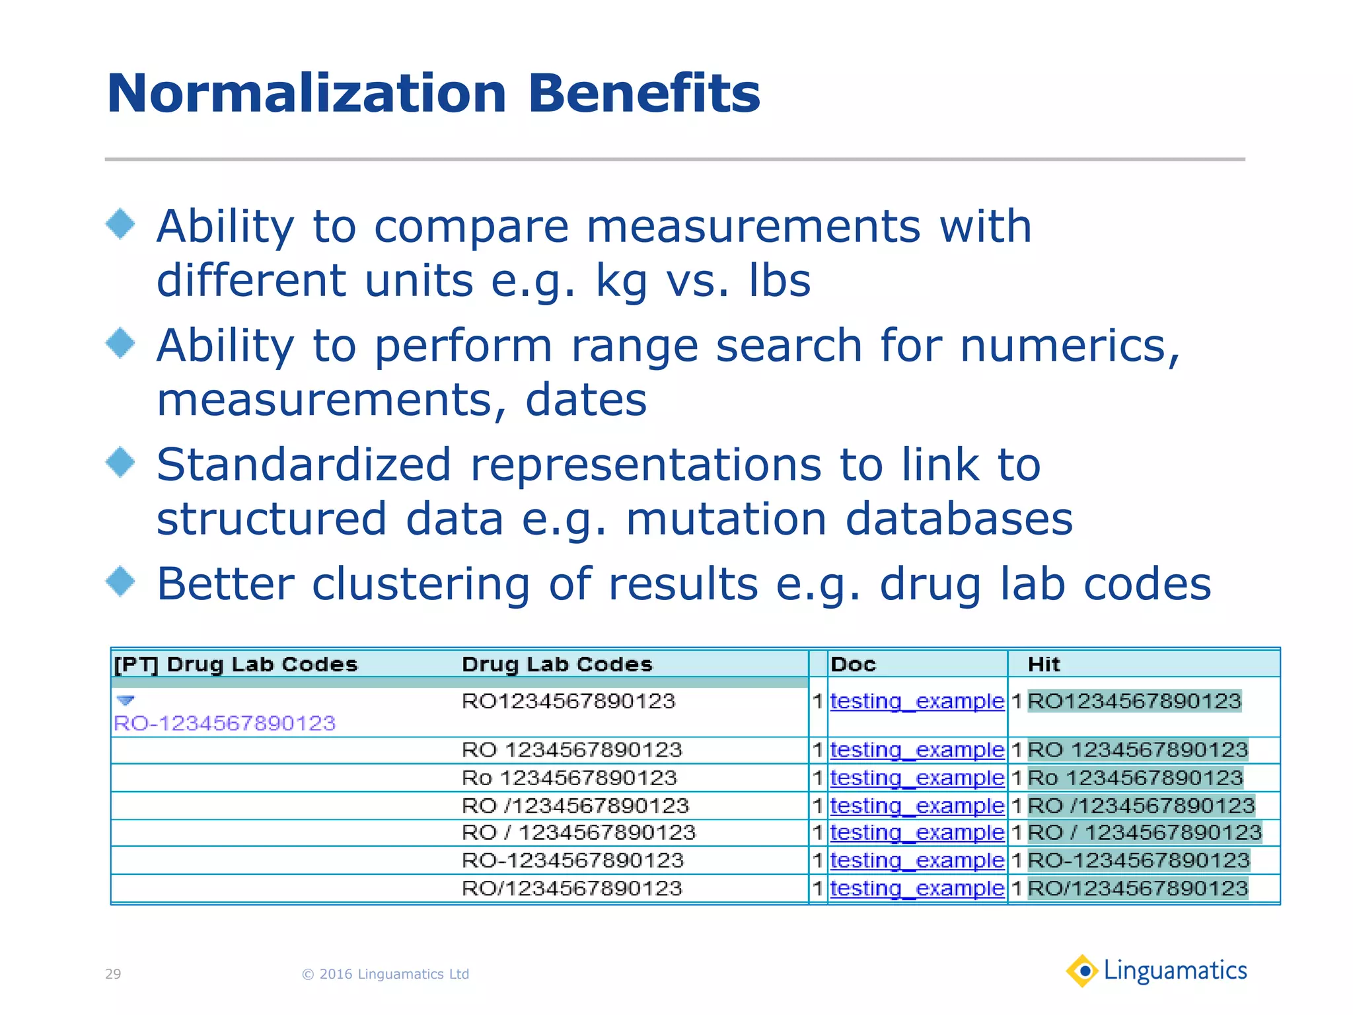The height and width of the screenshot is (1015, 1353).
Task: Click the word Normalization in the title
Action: pos(307,94)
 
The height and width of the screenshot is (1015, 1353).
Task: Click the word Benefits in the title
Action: pos(643,94)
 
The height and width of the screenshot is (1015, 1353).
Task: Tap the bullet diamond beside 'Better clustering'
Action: pos(120,582)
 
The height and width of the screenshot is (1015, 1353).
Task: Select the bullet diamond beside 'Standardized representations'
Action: pos(120,462)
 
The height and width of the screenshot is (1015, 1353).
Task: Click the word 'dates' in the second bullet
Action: pos(586,400)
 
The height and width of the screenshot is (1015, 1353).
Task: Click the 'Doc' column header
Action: pos(853,664)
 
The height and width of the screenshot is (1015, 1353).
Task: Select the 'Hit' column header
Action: pos(1044,664)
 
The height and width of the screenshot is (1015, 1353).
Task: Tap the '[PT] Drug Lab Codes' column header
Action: pos(236,664)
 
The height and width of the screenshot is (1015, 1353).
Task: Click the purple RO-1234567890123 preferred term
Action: pos(225,723)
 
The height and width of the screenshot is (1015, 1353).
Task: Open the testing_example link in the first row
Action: pos(917,701)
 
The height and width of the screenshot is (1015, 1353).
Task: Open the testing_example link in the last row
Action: pos(917,889)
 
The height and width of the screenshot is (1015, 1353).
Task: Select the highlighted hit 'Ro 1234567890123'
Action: pos(1136,778)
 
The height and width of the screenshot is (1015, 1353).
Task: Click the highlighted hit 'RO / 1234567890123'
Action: pos(1145,833)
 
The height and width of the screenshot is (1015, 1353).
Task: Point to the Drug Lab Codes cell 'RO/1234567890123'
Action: pos(571,889)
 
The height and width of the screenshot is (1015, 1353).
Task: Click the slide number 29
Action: pos(113,974)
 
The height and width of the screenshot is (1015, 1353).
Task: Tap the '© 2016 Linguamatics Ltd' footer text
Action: pos(385,974)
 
